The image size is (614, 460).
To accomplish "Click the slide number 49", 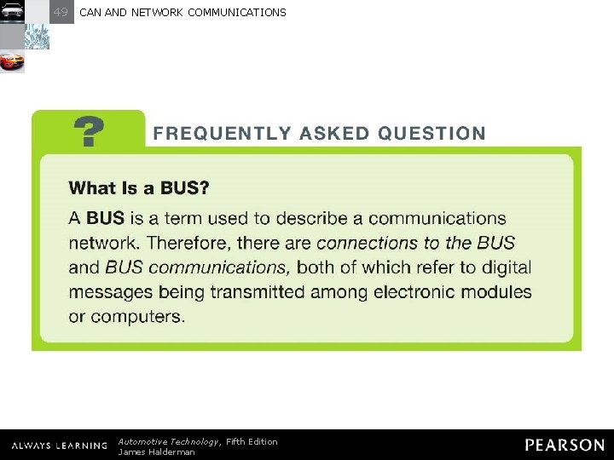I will (61, 12).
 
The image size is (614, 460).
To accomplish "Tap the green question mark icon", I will (90, 133).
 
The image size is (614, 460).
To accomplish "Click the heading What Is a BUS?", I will (139, 187).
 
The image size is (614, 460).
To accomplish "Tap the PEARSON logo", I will (565, 446).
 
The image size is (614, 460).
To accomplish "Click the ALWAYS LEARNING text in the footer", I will (59, 446).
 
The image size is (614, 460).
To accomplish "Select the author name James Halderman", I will (156, 452).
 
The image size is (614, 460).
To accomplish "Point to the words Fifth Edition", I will (252, 441).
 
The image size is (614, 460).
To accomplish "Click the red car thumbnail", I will (12, 61).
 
